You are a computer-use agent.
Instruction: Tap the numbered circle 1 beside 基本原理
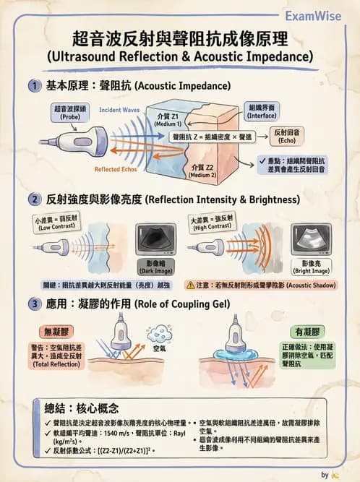pos(34,86)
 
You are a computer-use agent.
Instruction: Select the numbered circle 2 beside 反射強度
pos(34,199)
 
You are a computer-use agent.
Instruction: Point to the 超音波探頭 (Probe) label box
pos(69,112)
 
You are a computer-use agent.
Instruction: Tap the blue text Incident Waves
pos(119,111)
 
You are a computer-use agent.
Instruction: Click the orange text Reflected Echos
pos(117,170)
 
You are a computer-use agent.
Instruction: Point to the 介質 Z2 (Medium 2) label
pos(197,171)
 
